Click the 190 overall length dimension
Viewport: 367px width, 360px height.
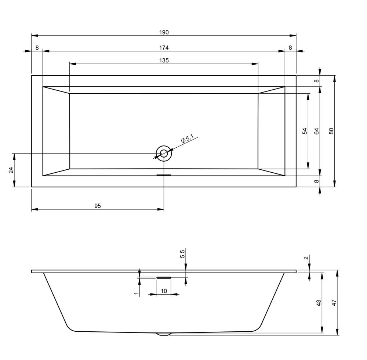tap(164, 32)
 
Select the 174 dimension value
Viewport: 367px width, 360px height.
tap(164, 48)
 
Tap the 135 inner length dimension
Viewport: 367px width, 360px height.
tap(164, 61)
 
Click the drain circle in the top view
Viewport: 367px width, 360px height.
tap(164, 146)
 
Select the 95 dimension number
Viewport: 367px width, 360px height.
tap(98, 206)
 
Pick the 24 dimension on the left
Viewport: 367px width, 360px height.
tap(11, 170)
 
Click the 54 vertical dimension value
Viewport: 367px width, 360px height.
tap(305, 131)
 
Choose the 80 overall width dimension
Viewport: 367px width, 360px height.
tap(331, 131)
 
